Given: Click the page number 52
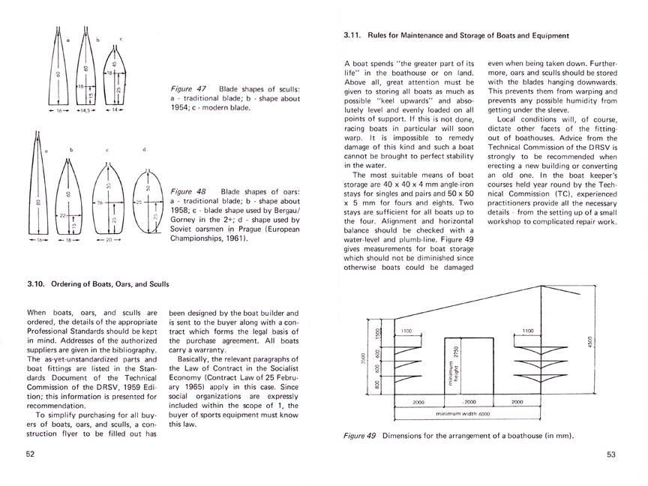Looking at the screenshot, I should (31, 454).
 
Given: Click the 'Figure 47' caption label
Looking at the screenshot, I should (187, 88).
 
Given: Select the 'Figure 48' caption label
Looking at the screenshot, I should (187, 193).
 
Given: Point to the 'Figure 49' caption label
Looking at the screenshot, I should (360, 435).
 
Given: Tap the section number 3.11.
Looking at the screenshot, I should (353, 34).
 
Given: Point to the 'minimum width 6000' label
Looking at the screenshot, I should (463, 413).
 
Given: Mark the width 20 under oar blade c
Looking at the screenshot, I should (108, 242).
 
